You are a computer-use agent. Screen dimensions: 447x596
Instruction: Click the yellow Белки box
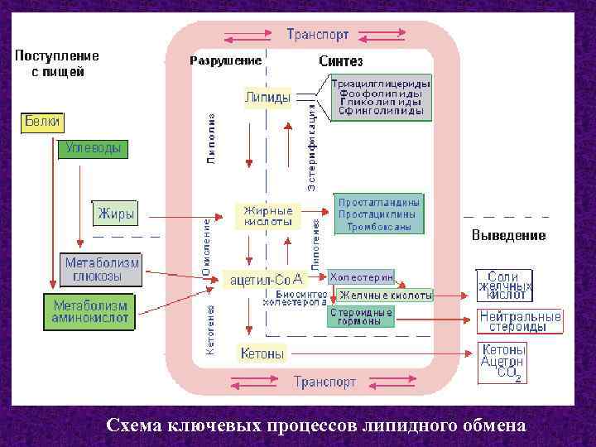click(41, 122)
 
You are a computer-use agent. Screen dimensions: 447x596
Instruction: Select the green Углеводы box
click(92, 149)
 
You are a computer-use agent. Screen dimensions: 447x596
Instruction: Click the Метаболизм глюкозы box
click(102, 269)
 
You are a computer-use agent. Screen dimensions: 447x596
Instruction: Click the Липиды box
click(267, 98)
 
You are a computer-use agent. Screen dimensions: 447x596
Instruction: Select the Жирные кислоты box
click(267, 216)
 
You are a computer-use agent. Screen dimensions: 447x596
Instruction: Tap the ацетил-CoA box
click(267, 280)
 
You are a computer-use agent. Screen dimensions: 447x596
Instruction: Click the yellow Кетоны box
click(262, 353)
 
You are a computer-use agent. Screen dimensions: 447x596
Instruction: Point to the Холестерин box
click(362, 275)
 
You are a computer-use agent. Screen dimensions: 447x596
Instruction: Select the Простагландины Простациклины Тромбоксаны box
click(379, 214)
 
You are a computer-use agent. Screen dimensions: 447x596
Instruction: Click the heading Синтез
click(340, 61)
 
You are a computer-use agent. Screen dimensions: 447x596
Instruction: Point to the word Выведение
click(508, 236)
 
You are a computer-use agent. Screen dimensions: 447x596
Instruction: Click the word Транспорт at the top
click(318, 35)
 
